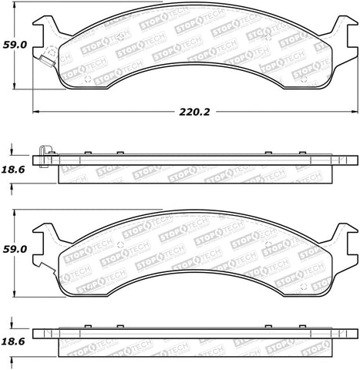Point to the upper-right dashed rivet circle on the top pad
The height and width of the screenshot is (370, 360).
[267, 35]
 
